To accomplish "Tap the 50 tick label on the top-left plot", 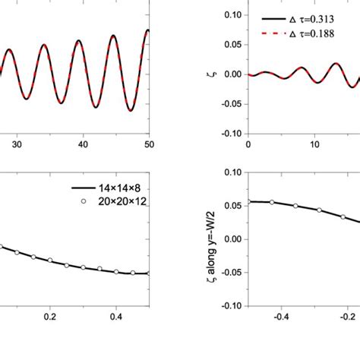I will coord(150,142).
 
